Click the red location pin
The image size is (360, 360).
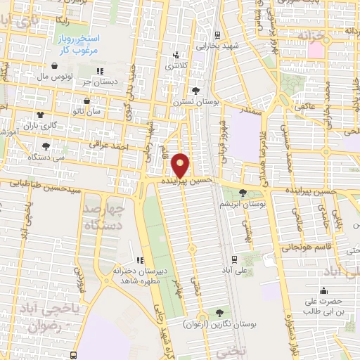point(181,165)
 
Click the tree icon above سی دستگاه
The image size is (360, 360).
point(46,146)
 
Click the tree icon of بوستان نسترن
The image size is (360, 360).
point(196,91)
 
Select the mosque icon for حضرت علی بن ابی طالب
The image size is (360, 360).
point(324,290)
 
